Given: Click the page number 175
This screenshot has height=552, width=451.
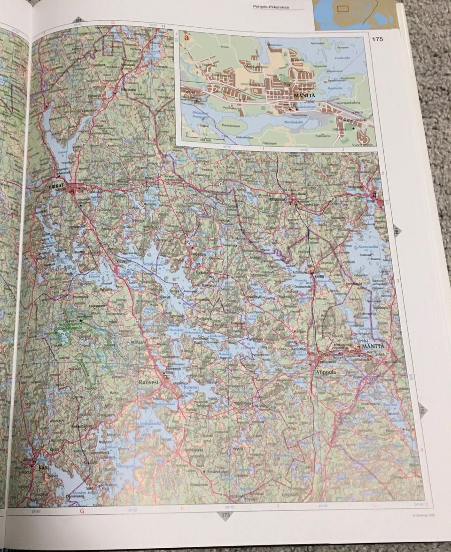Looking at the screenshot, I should click(376, 39).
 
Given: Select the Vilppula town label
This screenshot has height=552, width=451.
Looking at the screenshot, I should click(327, 372).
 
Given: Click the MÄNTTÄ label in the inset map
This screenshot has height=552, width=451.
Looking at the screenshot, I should click(303, 95).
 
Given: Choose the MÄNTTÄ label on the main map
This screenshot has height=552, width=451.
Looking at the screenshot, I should click(373, 347).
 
